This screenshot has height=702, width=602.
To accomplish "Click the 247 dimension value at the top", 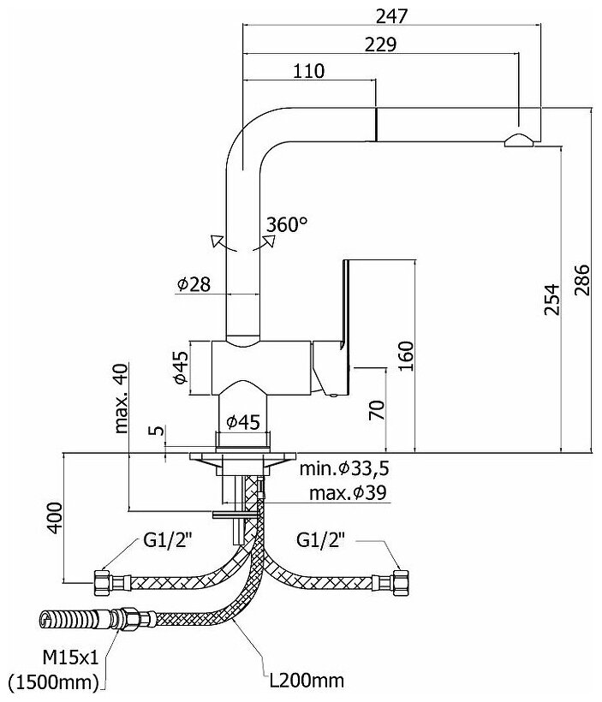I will pyautogui.click(x=390, y=15).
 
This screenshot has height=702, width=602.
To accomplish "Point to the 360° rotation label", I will pyautogui.click(x=286, y=225).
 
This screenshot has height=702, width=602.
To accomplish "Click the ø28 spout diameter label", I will pyautogui.click(x=194, y=285).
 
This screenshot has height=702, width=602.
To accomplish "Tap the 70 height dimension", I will pyautogui.click(x=377, y=409).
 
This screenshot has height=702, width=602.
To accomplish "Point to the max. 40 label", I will pyautogui.click(x=120, y=398).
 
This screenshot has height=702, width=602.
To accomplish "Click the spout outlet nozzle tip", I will pyautogui.click(x=520, y=141).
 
